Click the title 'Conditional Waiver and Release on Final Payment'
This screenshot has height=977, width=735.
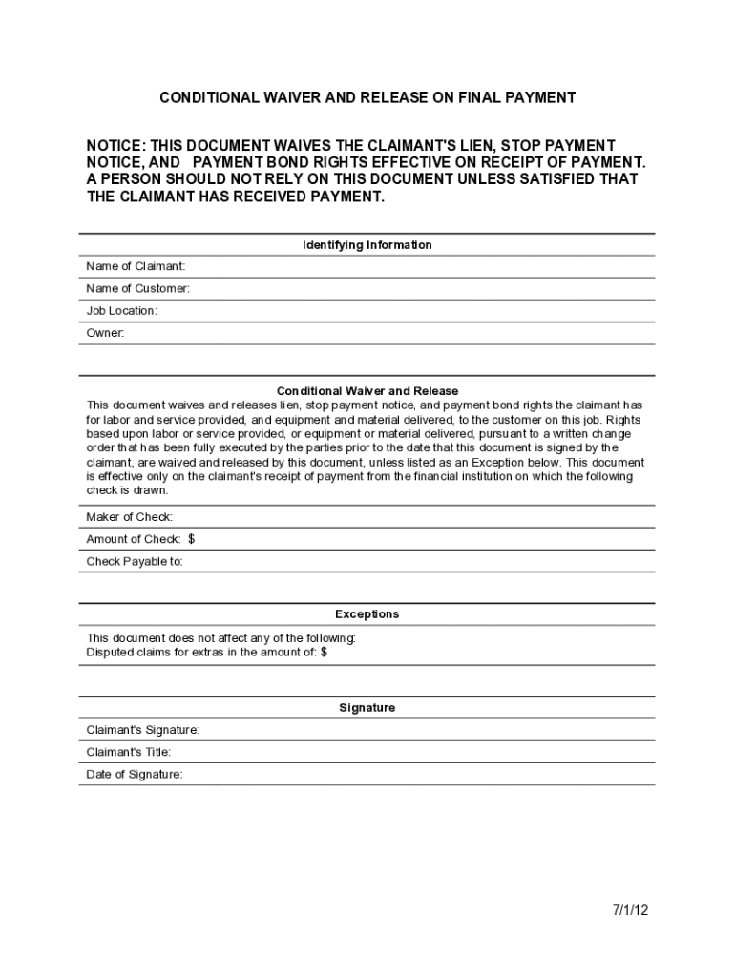point(367,98)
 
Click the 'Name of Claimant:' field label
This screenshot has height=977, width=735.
point(136,266)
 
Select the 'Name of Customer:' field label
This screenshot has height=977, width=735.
point(137,288)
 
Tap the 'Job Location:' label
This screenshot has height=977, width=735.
point(121,311)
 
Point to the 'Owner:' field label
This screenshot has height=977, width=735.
point(105,333)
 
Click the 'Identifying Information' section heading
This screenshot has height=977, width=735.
point(367,245)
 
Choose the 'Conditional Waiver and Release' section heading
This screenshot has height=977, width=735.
point(367,391)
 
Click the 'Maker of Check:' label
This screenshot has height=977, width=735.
point(130,517)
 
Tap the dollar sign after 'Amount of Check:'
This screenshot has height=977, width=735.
point(192,539)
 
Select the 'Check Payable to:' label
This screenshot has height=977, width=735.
point(135,562)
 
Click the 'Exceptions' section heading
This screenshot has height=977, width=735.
point(367,614)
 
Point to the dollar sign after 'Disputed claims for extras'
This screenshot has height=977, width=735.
point(324,653)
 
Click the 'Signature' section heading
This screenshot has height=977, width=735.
point(367,708)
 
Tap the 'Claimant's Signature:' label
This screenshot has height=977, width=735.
point(143,730)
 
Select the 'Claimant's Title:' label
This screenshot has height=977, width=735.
point(129,752)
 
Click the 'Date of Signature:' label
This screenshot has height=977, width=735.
point(135,775)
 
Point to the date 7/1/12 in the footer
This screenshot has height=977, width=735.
point(630,910)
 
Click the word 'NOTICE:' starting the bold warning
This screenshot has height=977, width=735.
point(116,145)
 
